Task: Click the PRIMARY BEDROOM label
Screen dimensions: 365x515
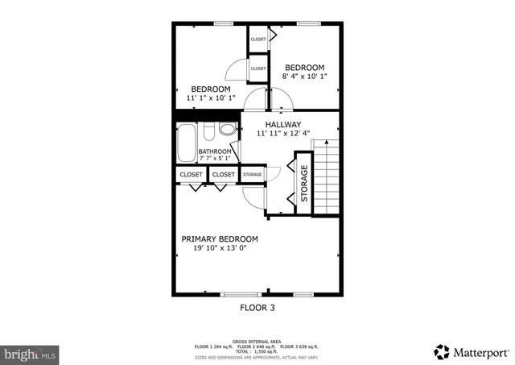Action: [220, 238]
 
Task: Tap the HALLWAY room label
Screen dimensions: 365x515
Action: [283, 124]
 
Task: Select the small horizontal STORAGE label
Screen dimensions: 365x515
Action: [252, 174]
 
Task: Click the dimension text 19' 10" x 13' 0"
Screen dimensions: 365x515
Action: [220, 249]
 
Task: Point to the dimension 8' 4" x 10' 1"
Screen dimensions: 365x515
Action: [304, 77]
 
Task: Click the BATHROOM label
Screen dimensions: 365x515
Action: [216, 151]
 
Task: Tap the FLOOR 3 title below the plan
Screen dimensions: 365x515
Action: [257, 307]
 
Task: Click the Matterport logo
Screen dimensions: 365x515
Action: [471, 351]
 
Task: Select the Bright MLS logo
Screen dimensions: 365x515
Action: [31, 353]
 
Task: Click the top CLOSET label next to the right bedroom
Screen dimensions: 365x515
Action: [258, 39]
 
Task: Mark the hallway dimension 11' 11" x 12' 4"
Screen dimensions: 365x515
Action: [283, 134]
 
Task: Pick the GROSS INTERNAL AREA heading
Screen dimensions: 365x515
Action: [257, 341]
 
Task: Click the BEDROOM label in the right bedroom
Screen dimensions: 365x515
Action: [304, 67]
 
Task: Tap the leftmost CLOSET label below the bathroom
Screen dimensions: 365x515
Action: [191, 174]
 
